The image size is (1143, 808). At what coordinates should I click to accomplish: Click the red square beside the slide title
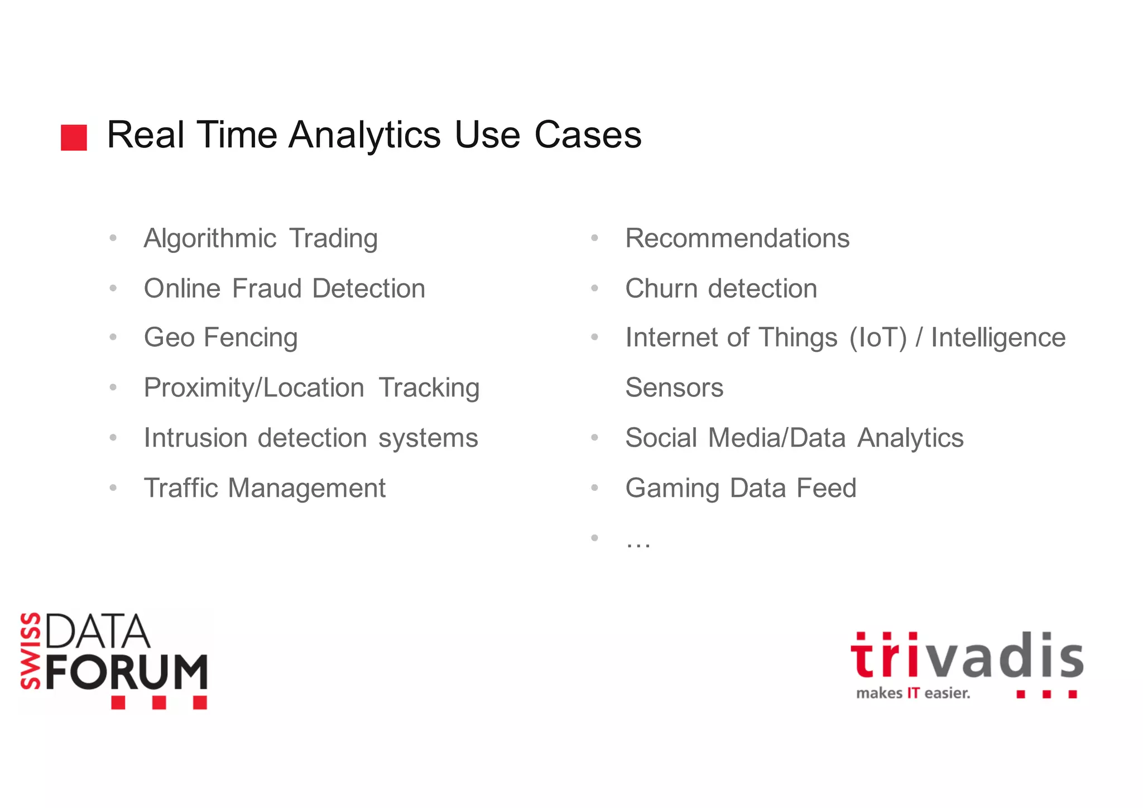tap(74, 137)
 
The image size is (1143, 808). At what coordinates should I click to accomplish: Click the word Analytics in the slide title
tap(364, 135)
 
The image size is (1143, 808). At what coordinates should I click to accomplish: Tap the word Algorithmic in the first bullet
tap(210, 239)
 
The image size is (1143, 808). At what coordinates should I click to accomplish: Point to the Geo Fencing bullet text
tap(220, 338)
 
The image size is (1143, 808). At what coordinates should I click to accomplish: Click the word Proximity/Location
tap(254, 388)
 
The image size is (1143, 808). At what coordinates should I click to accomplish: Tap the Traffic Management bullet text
tap(265, 488)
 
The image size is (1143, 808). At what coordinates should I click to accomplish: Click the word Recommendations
tap(737, 238)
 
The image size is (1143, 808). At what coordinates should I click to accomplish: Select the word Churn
tap(661, 289)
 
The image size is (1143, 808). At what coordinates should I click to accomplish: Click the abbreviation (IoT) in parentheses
tap(878, 338)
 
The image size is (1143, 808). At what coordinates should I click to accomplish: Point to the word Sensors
tap(674, 388)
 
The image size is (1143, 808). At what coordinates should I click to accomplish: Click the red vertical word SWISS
tap(30, 651)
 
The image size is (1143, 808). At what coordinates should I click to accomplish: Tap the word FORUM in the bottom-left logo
tap(127, 672)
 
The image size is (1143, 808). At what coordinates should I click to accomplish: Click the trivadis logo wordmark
tap(966, 657)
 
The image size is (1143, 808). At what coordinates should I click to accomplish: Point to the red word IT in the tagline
tap(913, 694)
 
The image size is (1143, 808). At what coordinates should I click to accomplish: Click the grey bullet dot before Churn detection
tap(594, 289)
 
